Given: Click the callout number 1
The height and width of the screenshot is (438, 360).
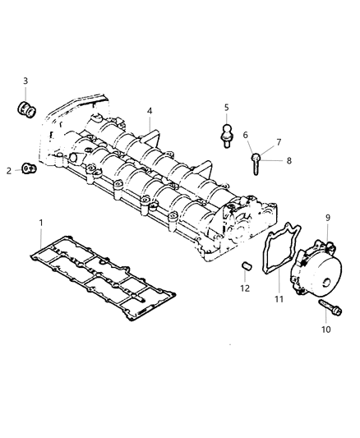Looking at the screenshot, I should pos(41,224).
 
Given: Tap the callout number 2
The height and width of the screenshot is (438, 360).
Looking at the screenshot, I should pos(9,170).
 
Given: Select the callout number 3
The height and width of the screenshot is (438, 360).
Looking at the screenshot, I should pos(25,81).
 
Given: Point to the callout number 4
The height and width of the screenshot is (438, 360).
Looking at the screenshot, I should pos(150,111).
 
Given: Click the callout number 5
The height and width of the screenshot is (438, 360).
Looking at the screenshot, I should pos(227,108).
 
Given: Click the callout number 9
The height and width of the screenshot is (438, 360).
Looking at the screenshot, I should pos(327,218).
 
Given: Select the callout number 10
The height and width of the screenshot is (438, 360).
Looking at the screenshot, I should pos(325,329).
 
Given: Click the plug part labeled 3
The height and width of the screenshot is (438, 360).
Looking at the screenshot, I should pos(26,108).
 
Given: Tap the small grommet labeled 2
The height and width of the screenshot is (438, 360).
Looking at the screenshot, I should pos(29,169).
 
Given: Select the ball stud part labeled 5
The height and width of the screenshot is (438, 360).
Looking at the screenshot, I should pos(227,133).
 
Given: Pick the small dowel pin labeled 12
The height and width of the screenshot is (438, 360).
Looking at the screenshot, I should pos(244,266).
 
